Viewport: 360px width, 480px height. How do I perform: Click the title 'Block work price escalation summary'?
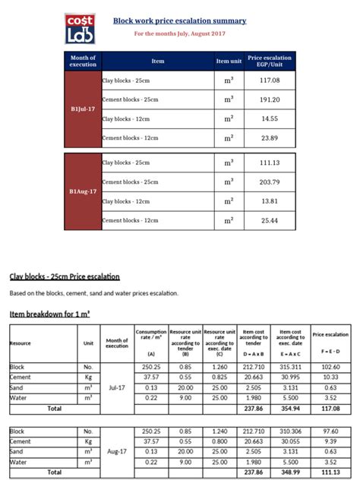tap(179, 21)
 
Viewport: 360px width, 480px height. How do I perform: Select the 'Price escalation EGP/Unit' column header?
tap(270, 61)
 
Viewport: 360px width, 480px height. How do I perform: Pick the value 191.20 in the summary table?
tap(270, 99)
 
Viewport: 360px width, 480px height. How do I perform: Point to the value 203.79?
tap(270, 182)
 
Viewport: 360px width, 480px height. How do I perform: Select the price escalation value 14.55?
tap(270, 118)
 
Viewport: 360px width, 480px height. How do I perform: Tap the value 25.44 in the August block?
tap(270, 220)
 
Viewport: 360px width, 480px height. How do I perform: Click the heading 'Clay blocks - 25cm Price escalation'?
tap(65, 276)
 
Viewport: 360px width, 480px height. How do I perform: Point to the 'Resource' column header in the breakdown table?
tap(21, 343)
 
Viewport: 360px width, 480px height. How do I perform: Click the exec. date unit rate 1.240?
tap(220, 431)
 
